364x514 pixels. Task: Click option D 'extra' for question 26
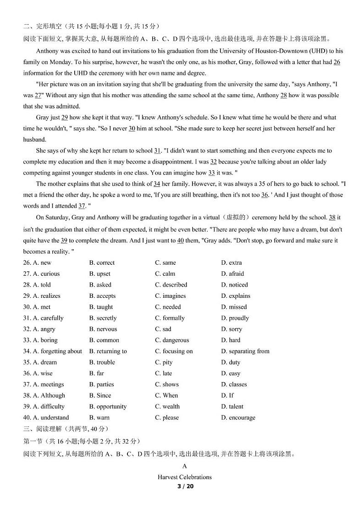pyautogui.click(x=231, y=262)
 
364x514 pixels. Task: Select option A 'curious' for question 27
pyautogui.click(x=46, y=273)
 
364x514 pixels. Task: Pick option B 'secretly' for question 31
pyautogui.click(x=103, y=318)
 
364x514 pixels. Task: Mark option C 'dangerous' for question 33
pyautogui.click(x=172, y=340)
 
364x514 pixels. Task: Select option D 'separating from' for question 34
pyautogui.click(x=245, y=351)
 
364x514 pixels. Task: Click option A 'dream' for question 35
pyautogui.click(x=44, y=362)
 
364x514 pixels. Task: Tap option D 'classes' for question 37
pyautogui.click(x=234, y=384)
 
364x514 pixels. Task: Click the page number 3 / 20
pyautogui.click(x=185, y=486)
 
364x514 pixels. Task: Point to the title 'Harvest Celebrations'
pyautogui.click(x=185, y=477)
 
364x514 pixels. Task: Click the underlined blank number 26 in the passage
pyautogui.click(x=336, y=62)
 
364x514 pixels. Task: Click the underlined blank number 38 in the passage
pyautogui.click(x=332, y=218)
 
